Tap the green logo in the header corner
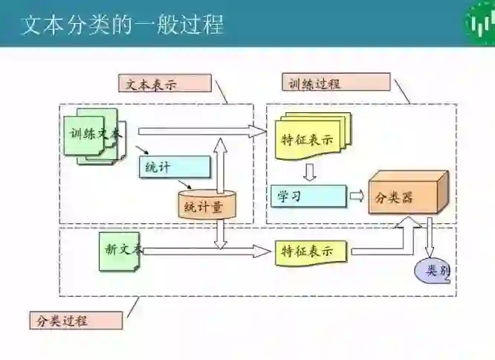pos(480,23)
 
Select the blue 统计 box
pos(173,167)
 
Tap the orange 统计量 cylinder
pos(207,205)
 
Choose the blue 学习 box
pos(307,196)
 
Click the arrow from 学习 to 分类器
pos(357,196)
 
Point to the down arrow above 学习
pos(310,172)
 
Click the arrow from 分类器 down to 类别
pos(429,238)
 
